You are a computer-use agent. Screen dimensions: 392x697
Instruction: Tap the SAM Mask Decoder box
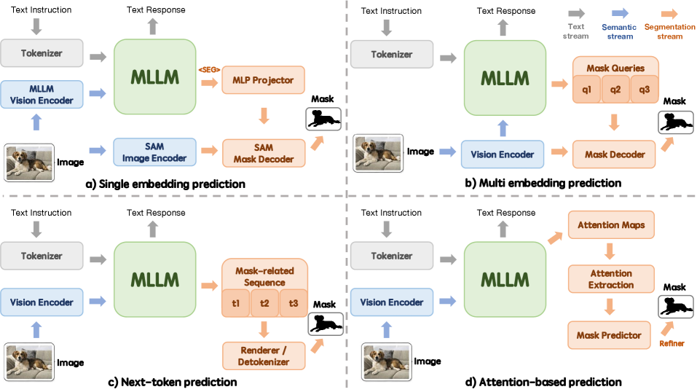click(264, 152)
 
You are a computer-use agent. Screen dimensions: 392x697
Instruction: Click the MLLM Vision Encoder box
click(42, 95)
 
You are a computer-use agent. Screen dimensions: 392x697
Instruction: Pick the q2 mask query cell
click(615, 90)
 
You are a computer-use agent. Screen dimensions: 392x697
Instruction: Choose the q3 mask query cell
click(645, 90)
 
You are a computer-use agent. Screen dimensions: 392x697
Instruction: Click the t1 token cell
click(235, 303)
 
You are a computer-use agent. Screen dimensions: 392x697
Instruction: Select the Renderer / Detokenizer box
click(264, 355)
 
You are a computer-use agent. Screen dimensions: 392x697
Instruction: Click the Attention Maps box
click(611, 225)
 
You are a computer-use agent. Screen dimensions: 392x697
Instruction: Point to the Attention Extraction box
click(611, 279)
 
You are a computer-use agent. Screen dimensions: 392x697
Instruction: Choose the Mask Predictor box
click(610, 335)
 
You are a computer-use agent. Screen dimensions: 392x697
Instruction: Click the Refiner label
click(672, 342)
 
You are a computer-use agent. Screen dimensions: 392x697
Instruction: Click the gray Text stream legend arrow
click(576, 13)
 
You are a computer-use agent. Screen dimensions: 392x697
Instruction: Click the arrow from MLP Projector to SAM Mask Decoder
click(264, 115)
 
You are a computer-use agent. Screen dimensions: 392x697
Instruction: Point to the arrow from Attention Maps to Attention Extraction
click(611, 251)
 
